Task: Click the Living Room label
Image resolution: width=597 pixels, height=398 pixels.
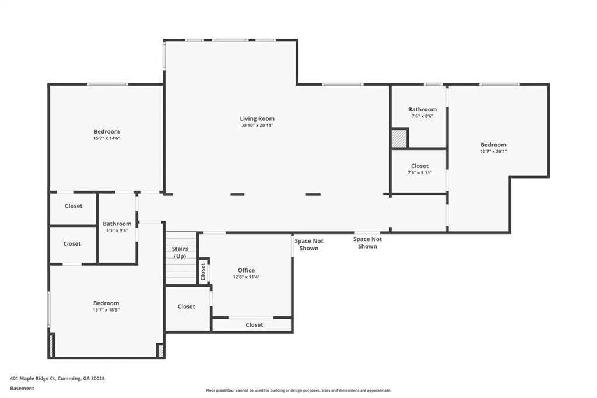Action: [257, 118]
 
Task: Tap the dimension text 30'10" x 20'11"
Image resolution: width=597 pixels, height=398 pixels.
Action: [257, 125]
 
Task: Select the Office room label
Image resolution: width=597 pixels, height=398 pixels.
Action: [247, 270]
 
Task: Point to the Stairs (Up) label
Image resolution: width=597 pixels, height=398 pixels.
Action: [180, 252]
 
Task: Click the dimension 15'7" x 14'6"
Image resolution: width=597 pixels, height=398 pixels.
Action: [107, 138]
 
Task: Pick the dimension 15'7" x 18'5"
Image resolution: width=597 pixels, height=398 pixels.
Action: [106, 310]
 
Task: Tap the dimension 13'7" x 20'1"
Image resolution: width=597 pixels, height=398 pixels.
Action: [493, 151]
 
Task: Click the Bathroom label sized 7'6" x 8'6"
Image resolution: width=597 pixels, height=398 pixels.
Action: [422, 109]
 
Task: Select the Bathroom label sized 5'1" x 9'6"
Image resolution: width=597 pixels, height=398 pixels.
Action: [117, 224]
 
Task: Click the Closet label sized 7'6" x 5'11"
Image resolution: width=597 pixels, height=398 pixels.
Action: [420, 166]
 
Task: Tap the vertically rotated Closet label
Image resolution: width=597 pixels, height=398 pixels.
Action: [203, 271]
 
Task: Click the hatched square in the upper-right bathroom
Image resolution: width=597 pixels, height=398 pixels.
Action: [399, 138]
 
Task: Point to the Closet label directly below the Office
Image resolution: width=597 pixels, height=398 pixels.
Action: [254, 325]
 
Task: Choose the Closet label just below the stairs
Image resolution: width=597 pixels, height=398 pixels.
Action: [186, 306]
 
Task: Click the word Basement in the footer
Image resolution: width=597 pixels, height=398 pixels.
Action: [22, 389]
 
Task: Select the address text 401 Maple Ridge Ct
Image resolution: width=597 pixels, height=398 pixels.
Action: [33, 379]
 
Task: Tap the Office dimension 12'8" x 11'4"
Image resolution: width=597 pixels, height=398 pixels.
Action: [247, 277]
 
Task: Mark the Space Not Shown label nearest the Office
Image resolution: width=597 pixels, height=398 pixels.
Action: [309, 245]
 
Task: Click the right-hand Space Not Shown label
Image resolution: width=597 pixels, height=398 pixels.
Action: [367, 242]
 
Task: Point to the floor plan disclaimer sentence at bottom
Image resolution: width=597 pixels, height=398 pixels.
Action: [298, 390]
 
